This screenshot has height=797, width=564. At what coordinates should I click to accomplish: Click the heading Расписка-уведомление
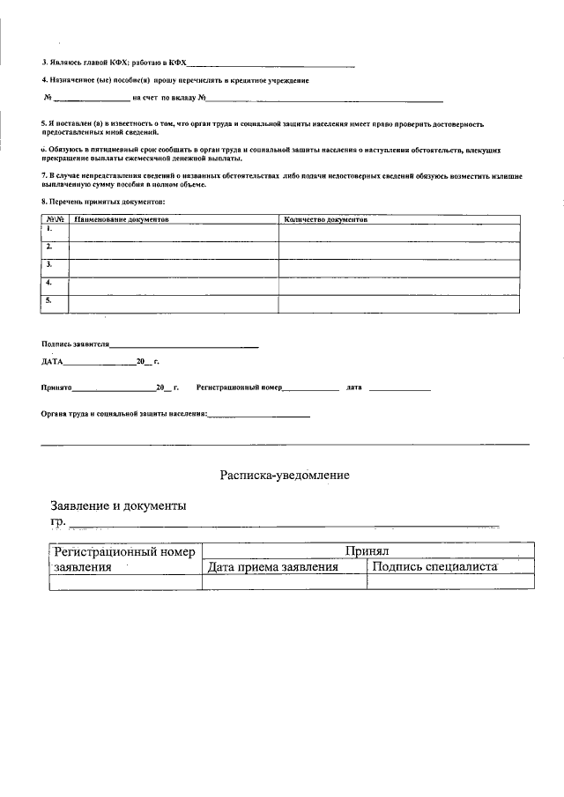[x=285, y=476]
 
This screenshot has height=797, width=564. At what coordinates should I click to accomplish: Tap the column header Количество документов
[x=325, y=219]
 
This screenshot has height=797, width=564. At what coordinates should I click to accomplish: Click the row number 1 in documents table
[x=49, y=229]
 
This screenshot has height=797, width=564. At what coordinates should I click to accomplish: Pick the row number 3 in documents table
[x=49, y=264]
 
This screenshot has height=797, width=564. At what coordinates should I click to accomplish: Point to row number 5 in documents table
[x=49, y=300]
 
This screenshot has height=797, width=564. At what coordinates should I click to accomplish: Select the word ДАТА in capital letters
[x=52, y=362]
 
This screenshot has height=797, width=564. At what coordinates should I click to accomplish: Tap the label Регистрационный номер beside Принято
[x=238, y=387]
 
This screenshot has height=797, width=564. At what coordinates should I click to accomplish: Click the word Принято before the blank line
[x=56, y=387]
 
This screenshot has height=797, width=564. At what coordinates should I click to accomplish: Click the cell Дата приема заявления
[x=272, y=567]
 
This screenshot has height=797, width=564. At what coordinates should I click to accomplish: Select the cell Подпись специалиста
[x=435, y=566]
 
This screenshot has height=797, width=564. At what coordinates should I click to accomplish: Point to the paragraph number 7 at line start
[x=43, y=176]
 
